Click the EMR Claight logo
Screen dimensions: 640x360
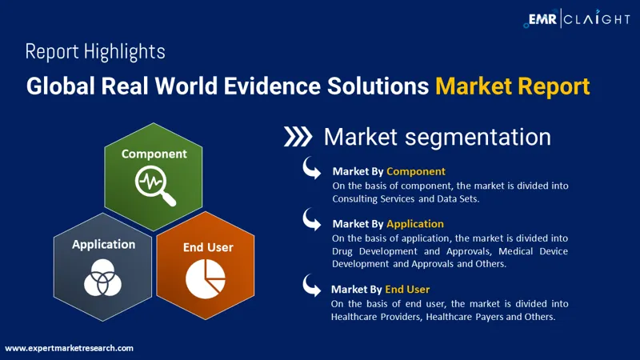pos(577,18)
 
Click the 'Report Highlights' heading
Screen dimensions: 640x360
pos(95,52)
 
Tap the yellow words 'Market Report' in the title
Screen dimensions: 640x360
pos(512,86)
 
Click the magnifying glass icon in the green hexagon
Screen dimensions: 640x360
pos(155,187)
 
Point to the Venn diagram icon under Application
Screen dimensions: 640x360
pos(102,278)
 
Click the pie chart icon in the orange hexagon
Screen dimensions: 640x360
pos(206,278)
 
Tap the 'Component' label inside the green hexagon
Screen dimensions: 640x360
pos(154,154)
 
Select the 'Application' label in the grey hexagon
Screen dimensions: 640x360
pos(104,245)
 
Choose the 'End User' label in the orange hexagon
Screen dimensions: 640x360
pos(208,247)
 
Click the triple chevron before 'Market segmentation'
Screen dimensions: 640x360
pos(298,136)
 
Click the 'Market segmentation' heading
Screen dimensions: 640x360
pos(437,137)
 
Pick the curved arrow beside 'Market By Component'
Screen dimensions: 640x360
pos(312,168)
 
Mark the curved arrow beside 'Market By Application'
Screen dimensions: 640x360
pos(312,219)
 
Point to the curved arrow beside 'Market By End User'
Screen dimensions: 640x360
pos(312,286)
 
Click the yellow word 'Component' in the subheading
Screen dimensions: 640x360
pos(416,171)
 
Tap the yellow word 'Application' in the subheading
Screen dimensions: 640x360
pos(415,224)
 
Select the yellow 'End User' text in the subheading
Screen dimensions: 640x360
pos(407,290)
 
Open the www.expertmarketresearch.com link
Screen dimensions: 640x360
pos(69,348)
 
